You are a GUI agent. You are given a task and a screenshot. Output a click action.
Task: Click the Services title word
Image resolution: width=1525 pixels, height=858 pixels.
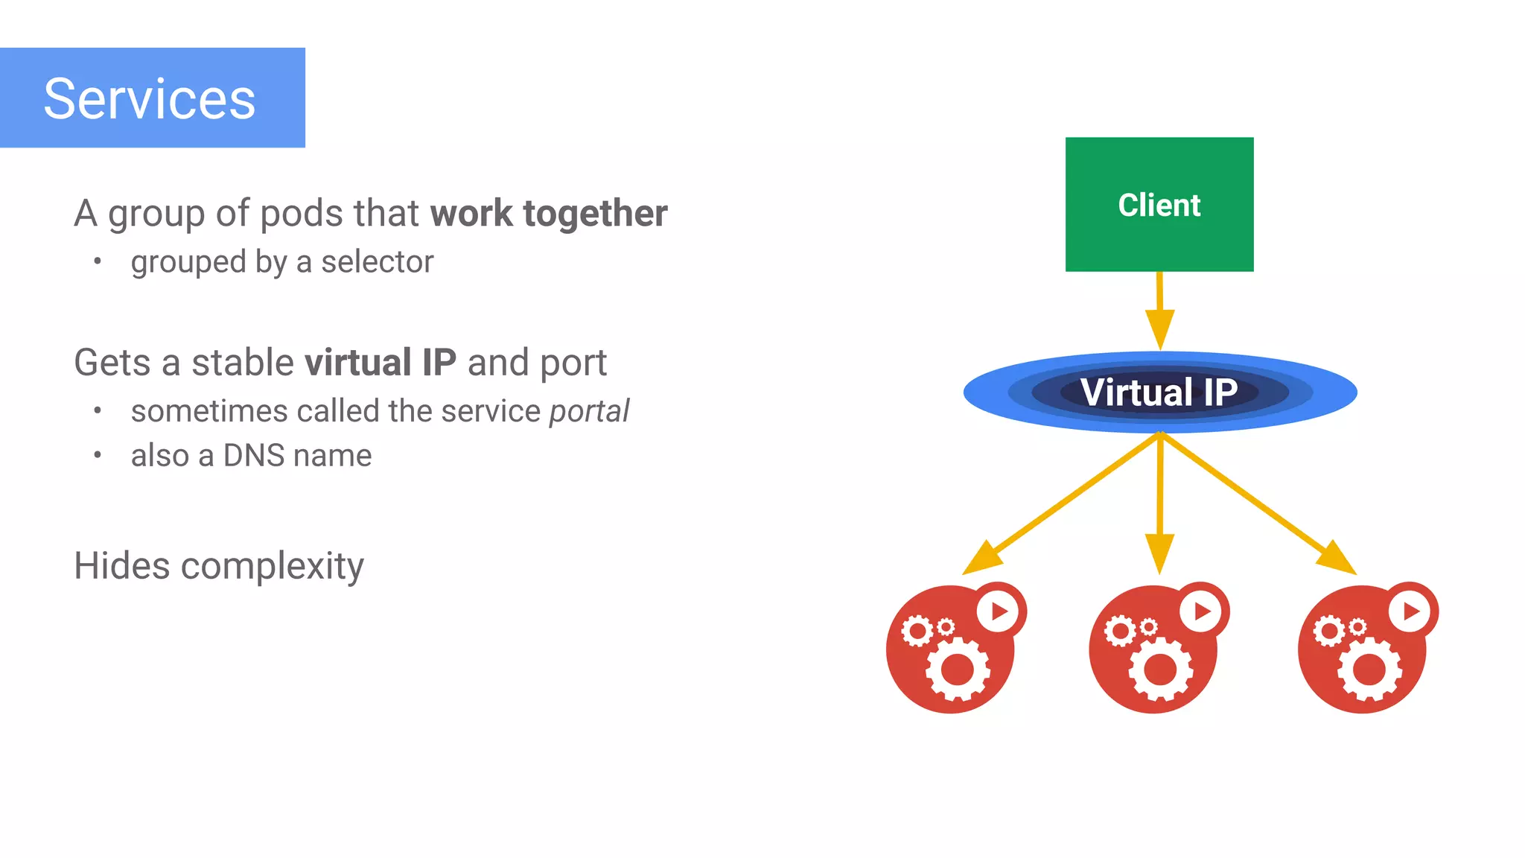149,99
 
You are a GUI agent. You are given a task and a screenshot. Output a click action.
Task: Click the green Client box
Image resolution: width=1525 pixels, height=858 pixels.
1159,204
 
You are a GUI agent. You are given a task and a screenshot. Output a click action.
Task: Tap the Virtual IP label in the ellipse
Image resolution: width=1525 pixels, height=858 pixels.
1159,392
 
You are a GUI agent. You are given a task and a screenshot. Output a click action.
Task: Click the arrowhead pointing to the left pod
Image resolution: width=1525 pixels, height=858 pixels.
981,559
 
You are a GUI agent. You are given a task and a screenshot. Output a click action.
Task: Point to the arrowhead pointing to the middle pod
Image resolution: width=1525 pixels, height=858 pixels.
1159,552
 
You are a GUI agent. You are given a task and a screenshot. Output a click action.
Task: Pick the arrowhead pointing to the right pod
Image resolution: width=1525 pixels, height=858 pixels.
1337,559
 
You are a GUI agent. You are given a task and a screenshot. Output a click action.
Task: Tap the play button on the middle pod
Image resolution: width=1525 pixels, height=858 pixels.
1201,611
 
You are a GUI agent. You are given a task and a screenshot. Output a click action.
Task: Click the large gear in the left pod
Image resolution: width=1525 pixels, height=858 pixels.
958,669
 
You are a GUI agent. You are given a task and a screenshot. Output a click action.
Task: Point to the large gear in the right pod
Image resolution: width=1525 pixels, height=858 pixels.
1369,669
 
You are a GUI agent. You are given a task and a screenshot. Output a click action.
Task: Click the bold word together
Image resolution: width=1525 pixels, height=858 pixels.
595,214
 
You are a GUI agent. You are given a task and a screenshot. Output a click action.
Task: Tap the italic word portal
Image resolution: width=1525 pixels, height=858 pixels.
588,412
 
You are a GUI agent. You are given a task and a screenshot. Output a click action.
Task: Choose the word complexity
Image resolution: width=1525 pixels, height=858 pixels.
272,567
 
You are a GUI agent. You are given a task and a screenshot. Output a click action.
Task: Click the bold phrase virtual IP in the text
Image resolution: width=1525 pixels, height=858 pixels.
380,363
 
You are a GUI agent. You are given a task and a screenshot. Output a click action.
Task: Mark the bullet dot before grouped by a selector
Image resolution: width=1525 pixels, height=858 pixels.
97,261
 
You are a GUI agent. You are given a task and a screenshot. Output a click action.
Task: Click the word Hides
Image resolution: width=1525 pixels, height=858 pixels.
121,566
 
